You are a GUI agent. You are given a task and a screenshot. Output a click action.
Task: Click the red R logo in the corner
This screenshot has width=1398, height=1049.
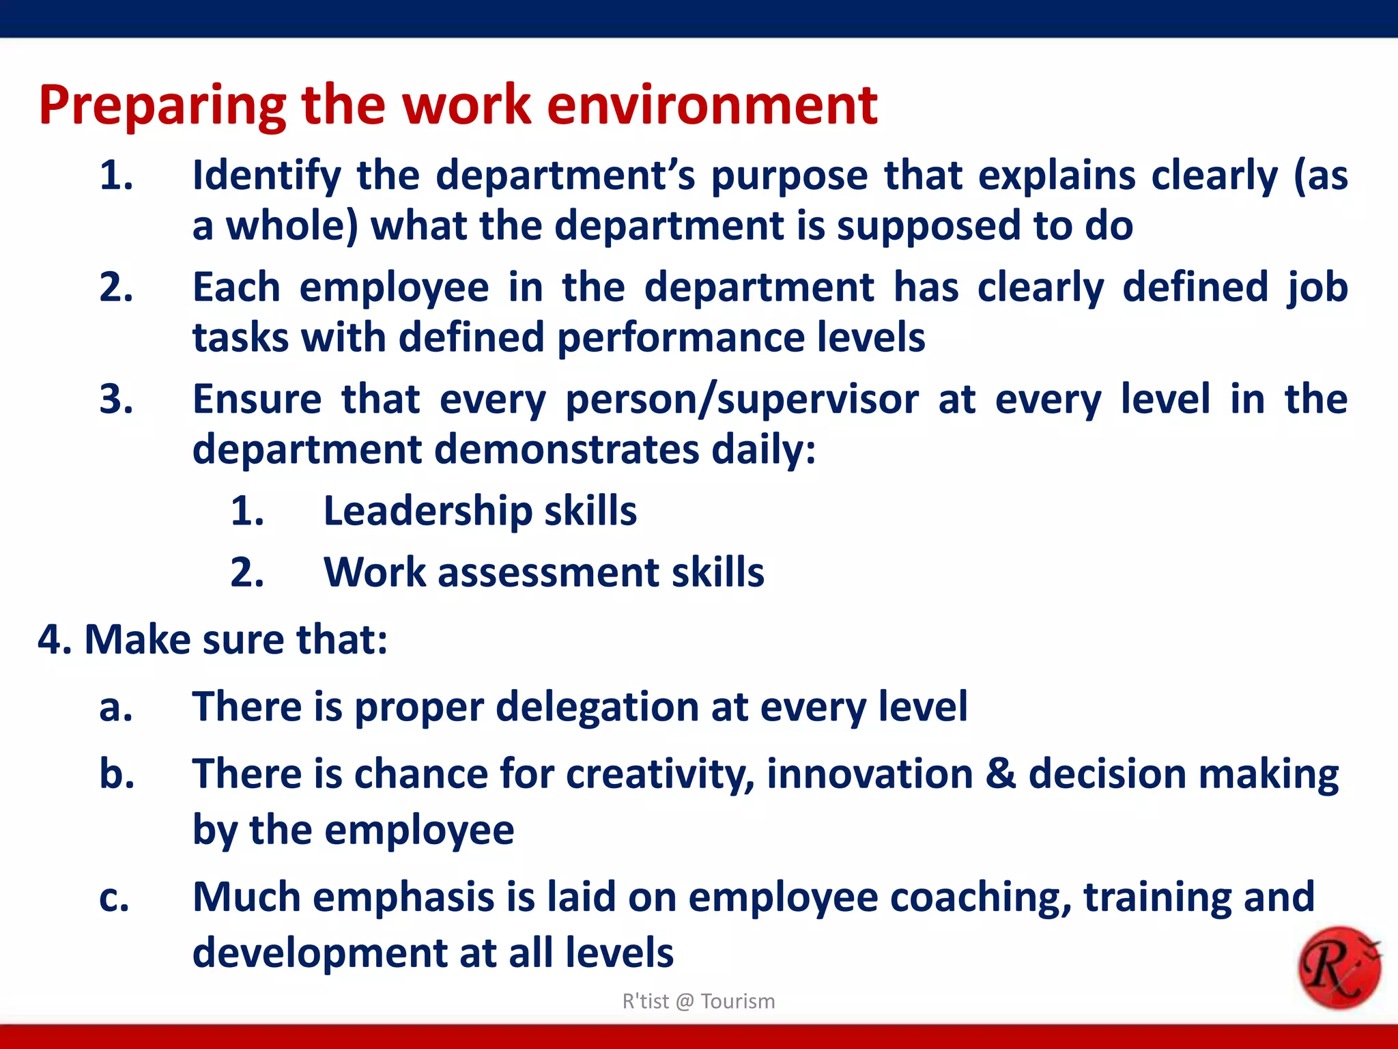(x=1339, y=968)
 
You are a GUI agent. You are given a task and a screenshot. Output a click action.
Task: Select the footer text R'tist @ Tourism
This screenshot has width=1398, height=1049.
(x=698, y=1001)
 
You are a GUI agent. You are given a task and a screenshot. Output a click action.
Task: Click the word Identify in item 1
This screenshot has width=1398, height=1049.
(x=266, y=176)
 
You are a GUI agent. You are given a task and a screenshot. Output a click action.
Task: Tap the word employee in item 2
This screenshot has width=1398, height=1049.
(x=394, y=288)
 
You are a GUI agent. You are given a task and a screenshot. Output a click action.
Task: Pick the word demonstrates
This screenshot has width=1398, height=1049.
(x=567, y=450)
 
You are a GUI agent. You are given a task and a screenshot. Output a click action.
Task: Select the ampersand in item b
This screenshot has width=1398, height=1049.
(x=1001, y=774)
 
